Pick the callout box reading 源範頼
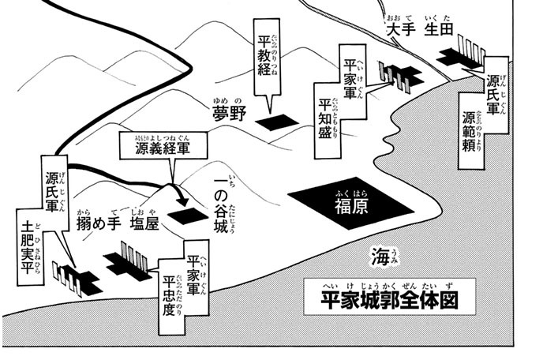click(x=481, y=114)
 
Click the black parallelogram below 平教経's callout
click(x=274, y=122)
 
